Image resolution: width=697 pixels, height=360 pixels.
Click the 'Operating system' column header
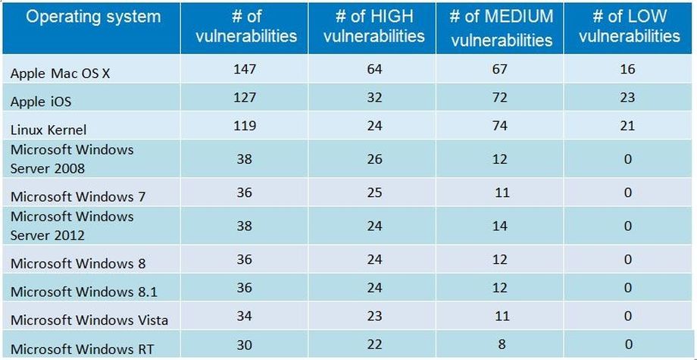point(93,17)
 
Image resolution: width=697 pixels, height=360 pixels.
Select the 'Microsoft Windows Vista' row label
point(89,320)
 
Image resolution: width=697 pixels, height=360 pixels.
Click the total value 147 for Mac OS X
point(245,70)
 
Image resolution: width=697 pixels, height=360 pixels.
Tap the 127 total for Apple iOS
point(245,98)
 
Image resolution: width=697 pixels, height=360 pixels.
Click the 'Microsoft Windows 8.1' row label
point(84,292)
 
